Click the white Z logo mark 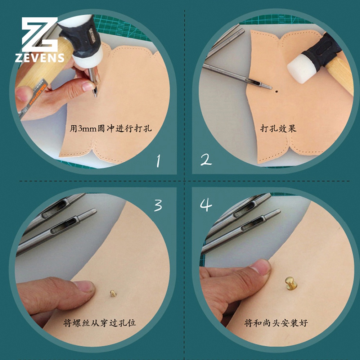point(40,35)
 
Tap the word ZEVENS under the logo point(40,58)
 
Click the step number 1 point(158,161)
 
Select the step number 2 point(206,160)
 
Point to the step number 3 point(158,205)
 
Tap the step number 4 point(206,205)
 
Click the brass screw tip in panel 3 point(113,293)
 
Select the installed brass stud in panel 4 point(291,283)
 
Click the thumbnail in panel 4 point(261,267)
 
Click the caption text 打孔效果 point(278,129)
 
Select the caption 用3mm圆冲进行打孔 point(111,128)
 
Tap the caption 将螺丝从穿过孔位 point(100,323)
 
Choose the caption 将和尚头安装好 point(276,323)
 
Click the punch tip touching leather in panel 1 point(95,95)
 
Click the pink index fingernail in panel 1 point(88,86)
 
